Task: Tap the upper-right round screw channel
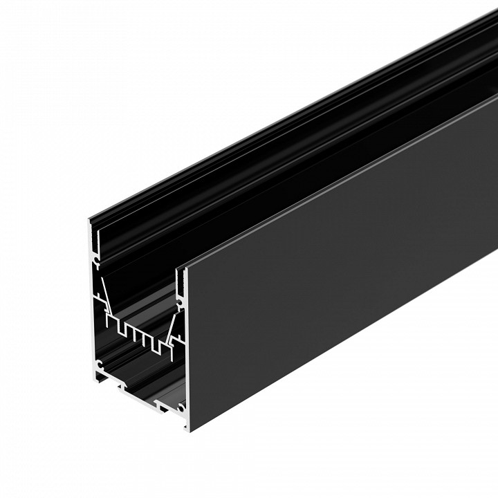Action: (x=182, y=302)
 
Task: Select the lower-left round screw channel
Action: (x=99, y=363)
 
